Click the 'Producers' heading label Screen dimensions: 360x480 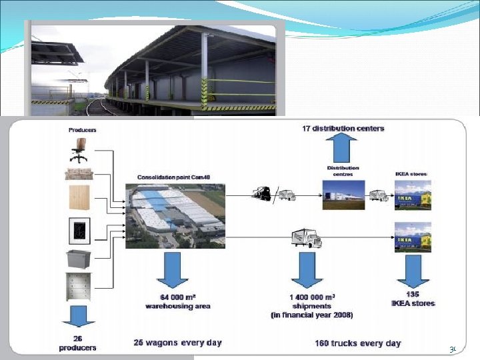point(82,130)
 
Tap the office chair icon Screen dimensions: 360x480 point(79,150)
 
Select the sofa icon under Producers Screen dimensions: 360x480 point(79,175)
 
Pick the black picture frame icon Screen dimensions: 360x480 point(79,231)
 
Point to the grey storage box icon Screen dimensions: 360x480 point(79,259)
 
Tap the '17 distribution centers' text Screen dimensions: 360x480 point(343,129)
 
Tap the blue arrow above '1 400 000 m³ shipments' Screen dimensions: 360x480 point(307,271)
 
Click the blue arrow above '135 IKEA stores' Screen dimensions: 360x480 point(413,271)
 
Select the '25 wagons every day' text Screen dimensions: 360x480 point(177,343)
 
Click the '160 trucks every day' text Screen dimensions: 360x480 point(358,343)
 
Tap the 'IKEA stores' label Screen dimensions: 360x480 point(411,174)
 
